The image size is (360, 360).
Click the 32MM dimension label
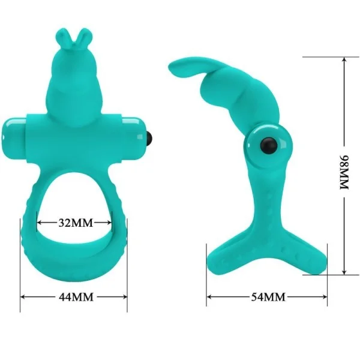click(75, 223)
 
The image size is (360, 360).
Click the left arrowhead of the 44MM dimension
click(23, 296)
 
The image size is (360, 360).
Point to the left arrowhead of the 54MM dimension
click(210, 296)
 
